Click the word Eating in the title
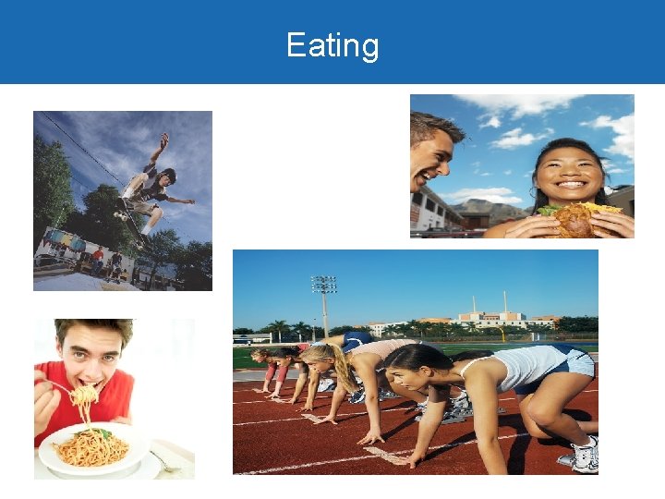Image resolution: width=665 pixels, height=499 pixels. click(x=332, y=45)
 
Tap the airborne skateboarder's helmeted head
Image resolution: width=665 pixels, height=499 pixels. click(x=167, y=175)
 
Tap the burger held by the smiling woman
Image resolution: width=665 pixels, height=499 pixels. click(x=582, y=220)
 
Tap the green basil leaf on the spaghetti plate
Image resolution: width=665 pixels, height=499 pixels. click(x=102, y=433)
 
